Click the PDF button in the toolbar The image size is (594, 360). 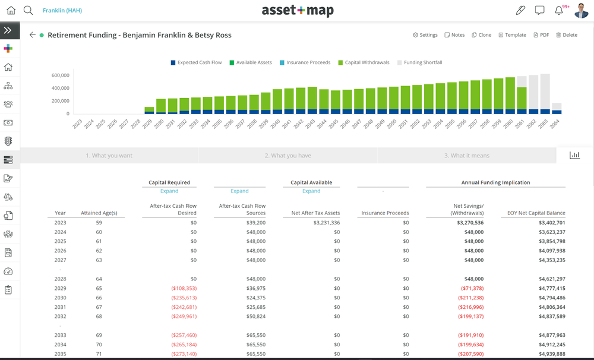pyautogui.click(x=541, y=35)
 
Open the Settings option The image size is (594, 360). pyautogui.click(x=425, y=35)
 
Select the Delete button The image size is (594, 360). pyautogui.click(x=567, y=35)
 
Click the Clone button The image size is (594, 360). pyautogui.click(x=481, y=35)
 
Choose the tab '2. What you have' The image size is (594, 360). pyautogui.click(x=287, y=156)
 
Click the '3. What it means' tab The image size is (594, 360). pyautogui.click(x=467, y=156)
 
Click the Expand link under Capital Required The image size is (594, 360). pyautogui.click(x=169, y=191)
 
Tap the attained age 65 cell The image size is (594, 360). pyautogui.click(x=99, y=288)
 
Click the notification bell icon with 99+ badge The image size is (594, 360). pyautogui.click(x=559, y=10)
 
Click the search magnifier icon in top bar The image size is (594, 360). pyautogui.click(x=28, y=10)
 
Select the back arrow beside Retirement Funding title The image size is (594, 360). pyautogui.click(x=32, y=35)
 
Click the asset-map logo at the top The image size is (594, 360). pyautogui.click(x=298, y=11)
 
